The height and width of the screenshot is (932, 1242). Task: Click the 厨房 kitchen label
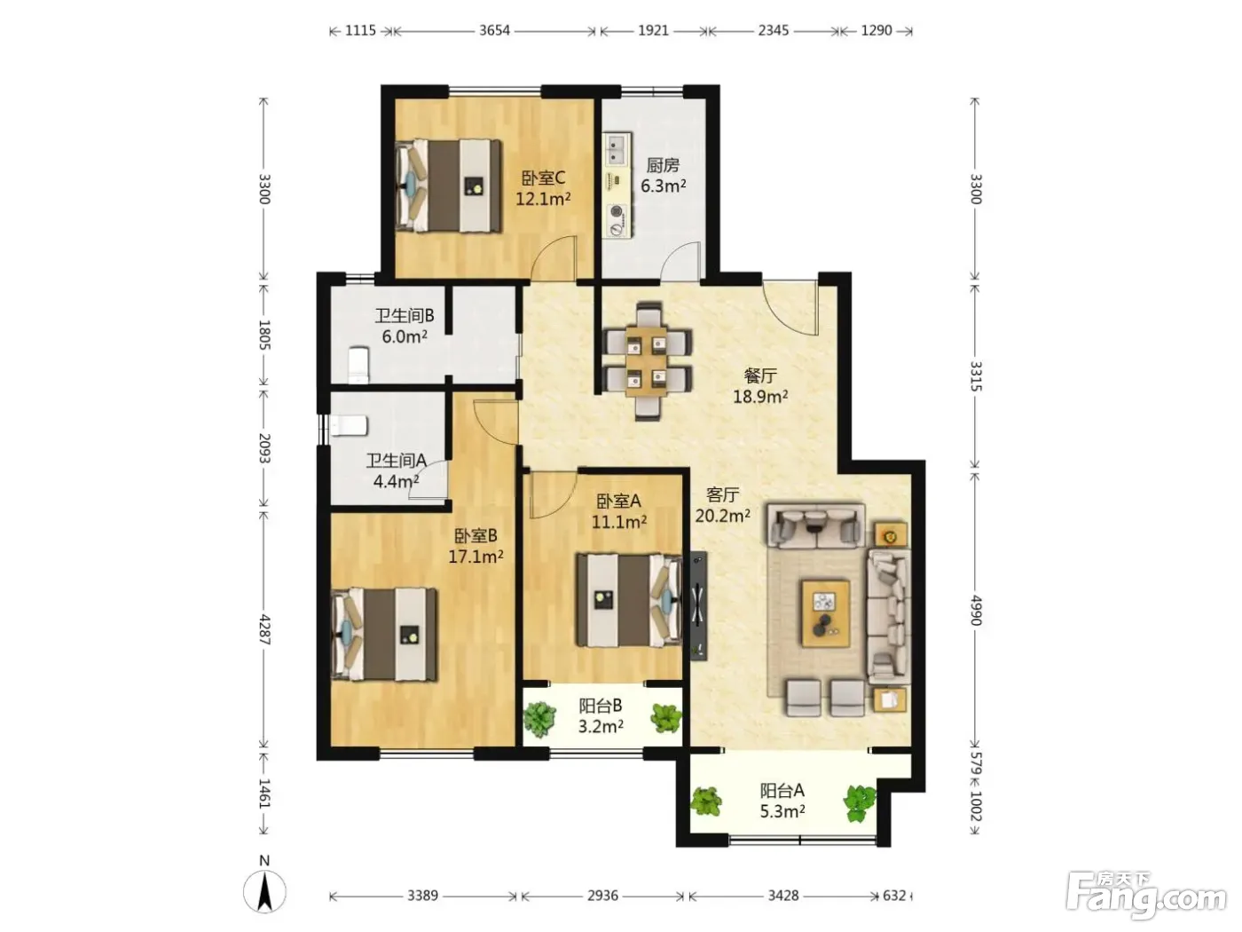tap(663, 165)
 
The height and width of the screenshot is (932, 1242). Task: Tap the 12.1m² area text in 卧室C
tap(543, 199)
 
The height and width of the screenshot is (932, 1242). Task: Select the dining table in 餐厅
tap(647, 361)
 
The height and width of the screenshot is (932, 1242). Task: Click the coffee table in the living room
tap(826, 612)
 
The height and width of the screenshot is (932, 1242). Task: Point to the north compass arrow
tap(264, 892)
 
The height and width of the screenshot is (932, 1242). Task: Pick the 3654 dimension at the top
tap(494, 30)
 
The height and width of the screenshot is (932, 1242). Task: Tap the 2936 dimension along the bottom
tap(602, 896)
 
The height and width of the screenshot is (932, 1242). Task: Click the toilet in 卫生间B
tap(358, 365)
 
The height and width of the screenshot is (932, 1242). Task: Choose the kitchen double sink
tap(617, 149)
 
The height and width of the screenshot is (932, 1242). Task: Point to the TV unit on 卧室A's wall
tap(699, 605)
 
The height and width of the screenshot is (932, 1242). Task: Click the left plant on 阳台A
tap(705, 802)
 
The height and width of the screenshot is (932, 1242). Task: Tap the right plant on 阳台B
tap(666, 718)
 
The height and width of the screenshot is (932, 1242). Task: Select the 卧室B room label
tap(476, 534)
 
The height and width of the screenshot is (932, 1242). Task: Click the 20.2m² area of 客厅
tap(722, 516)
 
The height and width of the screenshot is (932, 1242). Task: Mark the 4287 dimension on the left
tap(264, 629)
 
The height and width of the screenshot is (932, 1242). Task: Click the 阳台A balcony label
tap(782, 790)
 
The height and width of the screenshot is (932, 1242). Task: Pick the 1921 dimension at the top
tap(653, 30)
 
